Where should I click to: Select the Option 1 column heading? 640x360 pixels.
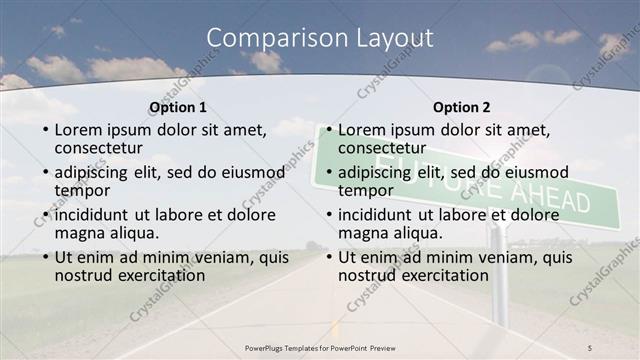(178, 107)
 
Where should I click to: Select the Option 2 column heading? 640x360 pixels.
(461, 107)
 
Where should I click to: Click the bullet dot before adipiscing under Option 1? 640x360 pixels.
(44, 172)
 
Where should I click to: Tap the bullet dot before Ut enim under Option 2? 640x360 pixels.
(327, 257)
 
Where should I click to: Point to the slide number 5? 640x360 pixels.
(589, 346)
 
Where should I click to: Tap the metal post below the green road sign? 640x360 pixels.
(498, 270)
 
